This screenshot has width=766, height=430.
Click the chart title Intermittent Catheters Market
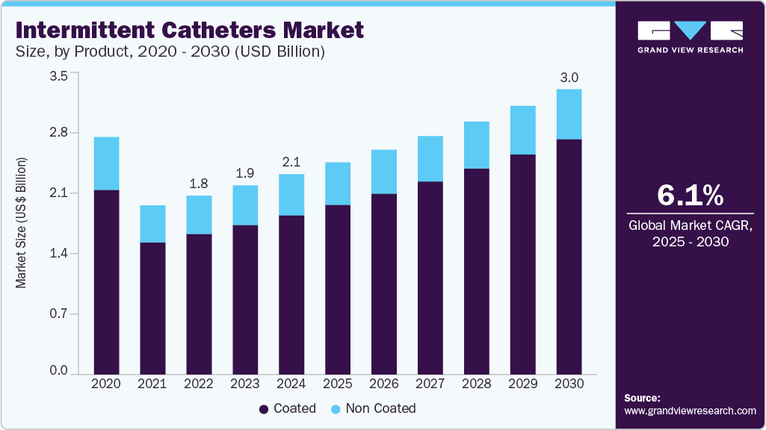click(x=190, y=31)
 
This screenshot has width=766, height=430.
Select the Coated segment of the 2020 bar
click(x=106, y=281)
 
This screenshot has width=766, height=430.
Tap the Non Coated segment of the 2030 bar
click(x=569, y=114)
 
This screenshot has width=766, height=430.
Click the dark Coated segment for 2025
click(x=338, y=288)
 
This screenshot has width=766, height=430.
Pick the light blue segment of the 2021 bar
click(x=152, y=223)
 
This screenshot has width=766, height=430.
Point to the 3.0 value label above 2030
click(x=569, y=78)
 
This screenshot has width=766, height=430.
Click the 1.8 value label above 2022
click(x=199, y=184)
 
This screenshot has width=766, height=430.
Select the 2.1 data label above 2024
click(x=291, y=162)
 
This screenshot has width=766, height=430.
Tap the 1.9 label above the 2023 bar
click(x=245, y=173)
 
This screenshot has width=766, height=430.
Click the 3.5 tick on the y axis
click(x=59, y=75)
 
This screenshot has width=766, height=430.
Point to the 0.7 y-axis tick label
click(x=59, y=314)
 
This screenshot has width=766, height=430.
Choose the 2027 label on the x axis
click(x=430, y=384)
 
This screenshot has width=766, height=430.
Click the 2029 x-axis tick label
click(x=522, y=384)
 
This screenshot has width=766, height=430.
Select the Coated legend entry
click(x=288, y=408)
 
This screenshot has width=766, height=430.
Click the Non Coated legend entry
click(x=372, y=408)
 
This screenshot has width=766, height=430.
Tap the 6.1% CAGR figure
click(x=689, y=196)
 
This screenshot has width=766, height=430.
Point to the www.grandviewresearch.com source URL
click(x=690, y=411)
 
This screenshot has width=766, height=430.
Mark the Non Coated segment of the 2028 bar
click(x=476, y=145)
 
